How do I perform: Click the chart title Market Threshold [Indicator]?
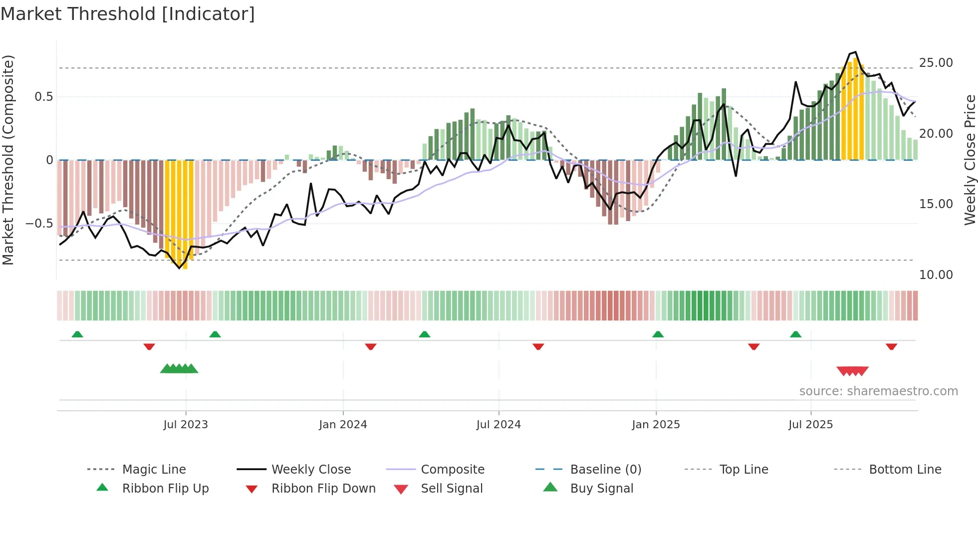pyautogui.click(x=128, y=14)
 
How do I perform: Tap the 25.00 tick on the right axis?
pyautogui.click(x=936, y=63)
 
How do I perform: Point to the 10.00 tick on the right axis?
pyautogui.click(x=936, y=275)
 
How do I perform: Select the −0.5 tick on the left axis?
pyautogui.click(x=39, y=223)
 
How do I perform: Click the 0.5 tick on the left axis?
pyautogui.click(x=43, y=97)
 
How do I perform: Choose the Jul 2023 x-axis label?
pyautogui.click(x=186, y=425)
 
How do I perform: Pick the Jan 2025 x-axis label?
pyautogui.click(x=656, y=425)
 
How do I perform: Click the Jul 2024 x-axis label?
pyautogui.click(x=498, y=425)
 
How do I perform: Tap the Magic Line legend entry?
pyautogui.click(x=154, y=470)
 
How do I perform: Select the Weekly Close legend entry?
pyautogui.click(x=311, y=470)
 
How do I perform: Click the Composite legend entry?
pyautogui.click(x=453, y=470)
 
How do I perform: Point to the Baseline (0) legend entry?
pyautogui.click(x=605, y=470)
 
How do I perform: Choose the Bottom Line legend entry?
pyautogui.click(x=905, y=470)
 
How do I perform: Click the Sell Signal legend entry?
pyautogui.click(x=452, y=489)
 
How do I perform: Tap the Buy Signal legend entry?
pyautogui.click(x=601, y=489)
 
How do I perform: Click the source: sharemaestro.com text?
pyautogui.click(x=878, y=391)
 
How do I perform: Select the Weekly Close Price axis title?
pyautogui.click(x=970, y=160)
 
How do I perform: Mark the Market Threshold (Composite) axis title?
pyautogui.click(x=8, y=160)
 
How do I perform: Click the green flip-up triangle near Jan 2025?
pyautogui.click(x=658, y=334)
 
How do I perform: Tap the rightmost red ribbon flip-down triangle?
pyautogui.click(x=891, y=346)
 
